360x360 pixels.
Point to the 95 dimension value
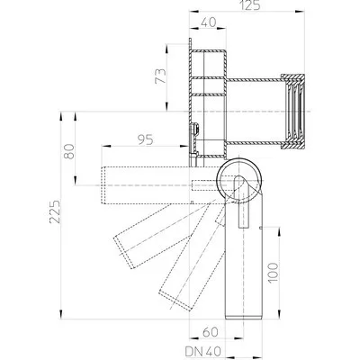point(143,139)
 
